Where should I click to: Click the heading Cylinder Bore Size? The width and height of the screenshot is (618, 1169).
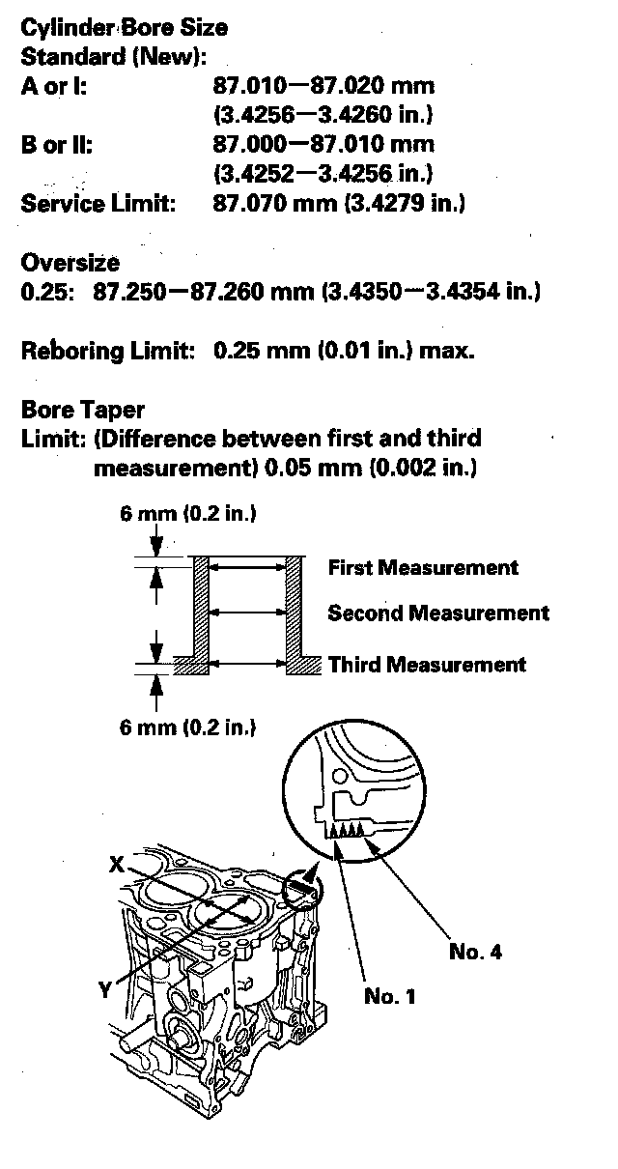pyautogui.click(x=125, y=29)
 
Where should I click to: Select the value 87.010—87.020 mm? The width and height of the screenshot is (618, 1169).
pyautogui.click(x=323, y=86)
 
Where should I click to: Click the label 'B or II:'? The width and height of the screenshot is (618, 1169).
pyautogui.click(x=57, y=144)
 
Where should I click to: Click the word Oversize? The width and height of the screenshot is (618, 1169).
pyautogui.click(x=70, y=262)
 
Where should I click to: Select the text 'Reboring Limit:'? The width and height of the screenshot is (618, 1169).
pyautogui.click(x=107, y=350)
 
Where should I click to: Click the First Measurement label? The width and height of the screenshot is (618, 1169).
pyautogui.click(x=423, y=567)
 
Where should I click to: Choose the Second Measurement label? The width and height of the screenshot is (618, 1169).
pyautogui.click(x=437, y=613)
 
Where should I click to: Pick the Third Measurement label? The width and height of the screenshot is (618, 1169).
pyautogui.click(x=427, y=665)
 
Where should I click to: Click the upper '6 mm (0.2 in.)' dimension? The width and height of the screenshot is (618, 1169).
pyautogui.click(x=187, y=514)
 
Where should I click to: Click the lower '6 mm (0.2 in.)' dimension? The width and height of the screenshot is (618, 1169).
pyautogui.click(x=187, y=727)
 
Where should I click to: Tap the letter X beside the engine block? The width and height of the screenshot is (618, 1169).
pyautogui.click(x=116, y=867)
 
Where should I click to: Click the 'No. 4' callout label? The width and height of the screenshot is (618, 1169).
pyautogui.click(x=475, y=952)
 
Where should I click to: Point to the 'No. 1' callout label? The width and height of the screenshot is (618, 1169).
pyautogui.click(x=390, y=996)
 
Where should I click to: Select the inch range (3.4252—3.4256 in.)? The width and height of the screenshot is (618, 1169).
pyautogui.click(x=323, y=174)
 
